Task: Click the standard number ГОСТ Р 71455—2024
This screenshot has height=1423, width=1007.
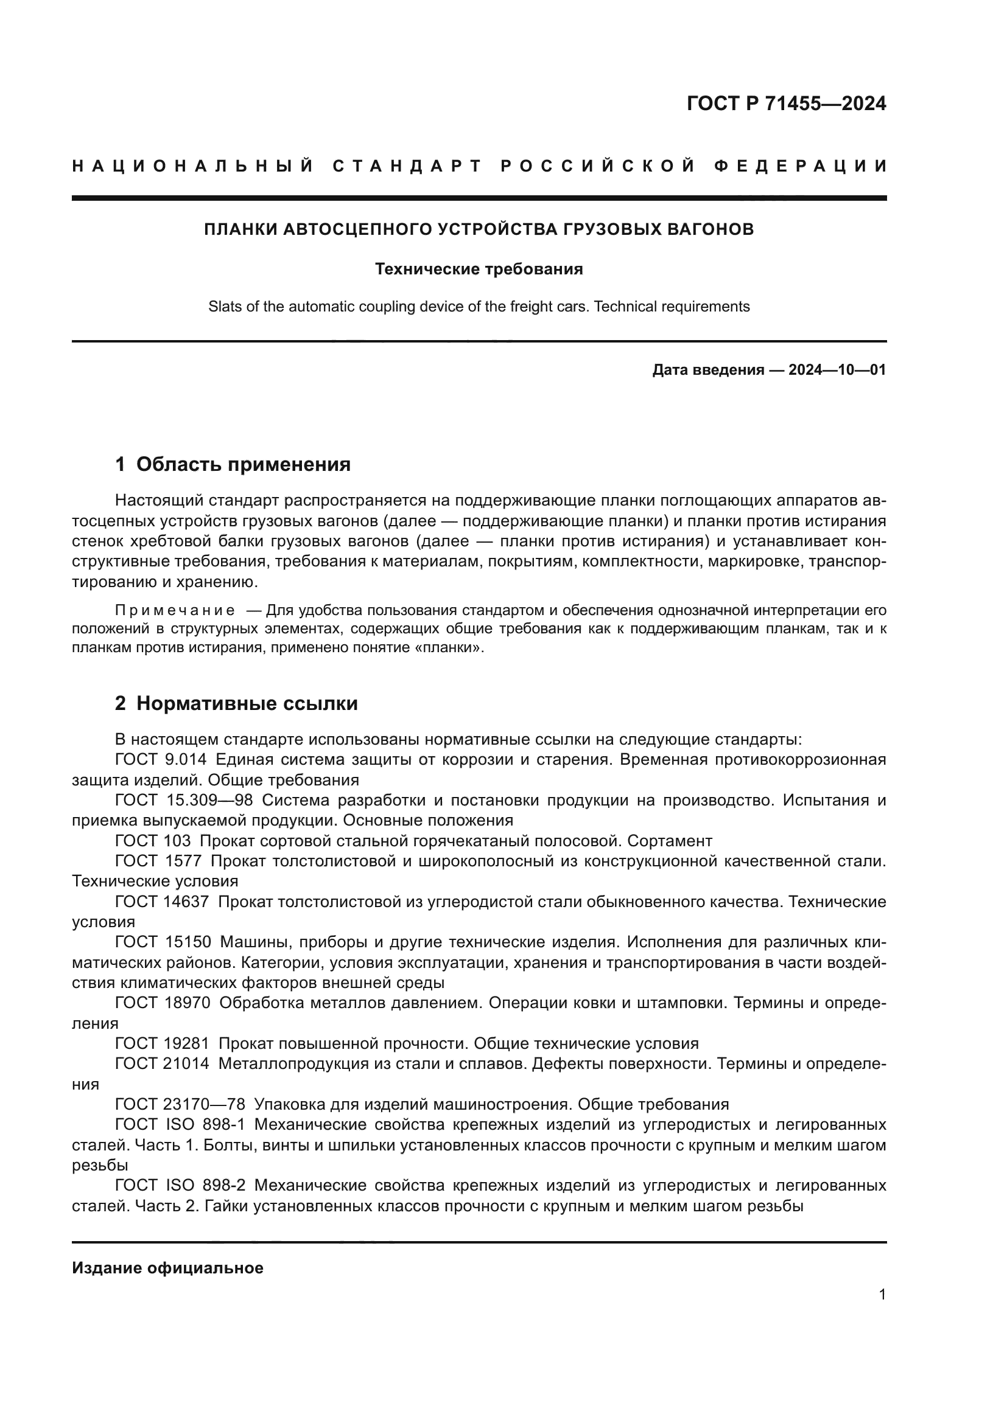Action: pyautogui.click(x=786, y=103)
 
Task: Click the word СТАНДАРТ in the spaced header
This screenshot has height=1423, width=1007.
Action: pyautogui.click(x=407, y=166)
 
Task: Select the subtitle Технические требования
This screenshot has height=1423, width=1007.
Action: pyautogui.click(x=479, y=269)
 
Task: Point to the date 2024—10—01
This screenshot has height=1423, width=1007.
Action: pyautogui.click(x=837, y=371)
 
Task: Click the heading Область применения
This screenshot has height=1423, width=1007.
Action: pyautogui.click(x=243, y=464)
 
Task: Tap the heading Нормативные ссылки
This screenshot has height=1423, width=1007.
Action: pyautogui.click(x=247, y=703)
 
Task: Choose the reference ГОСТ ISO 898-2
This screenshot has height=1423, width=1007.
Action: pyautogui.click(x=180, y=1186)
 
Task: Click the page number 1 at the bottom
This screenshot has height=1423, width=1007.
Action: pyautogui.click(x=882, y=1295)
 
